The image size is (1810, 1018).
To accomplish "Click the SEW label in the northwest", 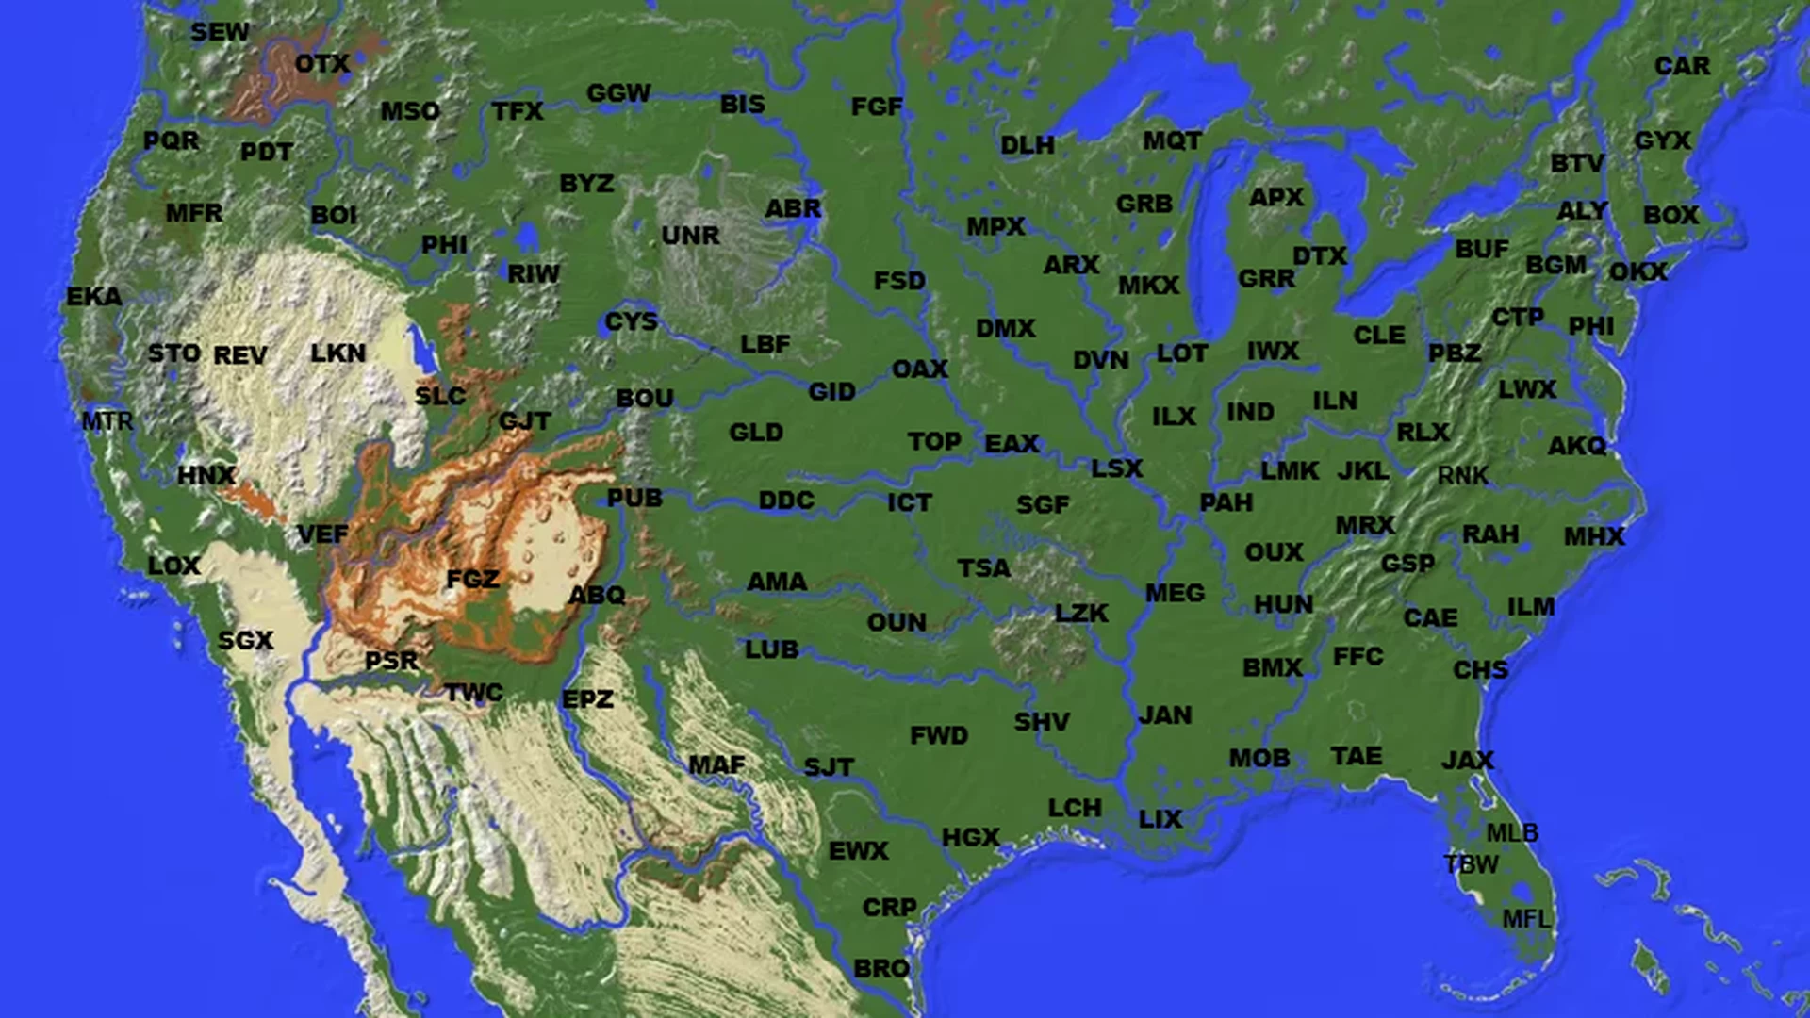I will tap(220, 32).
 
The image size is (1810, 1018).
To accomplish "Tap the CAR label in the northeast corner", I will tap(1682, 66).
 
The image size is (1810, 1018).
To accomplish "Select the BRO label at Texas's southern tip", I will tap(881, 968).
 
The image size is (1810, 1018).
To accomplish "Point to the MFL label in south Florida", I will tap(1526, 918).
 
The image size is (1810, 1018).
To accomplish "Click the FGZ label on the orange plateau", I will tap(472, 578).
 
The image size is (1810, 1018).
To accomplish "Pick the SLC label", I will tap(440, 396).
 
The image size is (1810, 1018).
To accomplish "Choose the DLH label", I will tap(1028, 145).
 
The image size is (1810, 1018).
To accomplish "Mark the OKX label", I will tap(1638, 271).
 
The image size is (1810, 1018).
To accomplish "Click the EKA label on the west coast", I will tap(93, 297).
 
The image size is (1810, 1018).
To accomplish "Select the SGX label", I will tap(245, 640).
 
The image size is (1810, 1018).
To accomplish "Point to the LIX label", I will tap(1160, 819).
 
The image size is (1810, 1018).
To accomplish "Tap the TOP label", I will tap(934, 441).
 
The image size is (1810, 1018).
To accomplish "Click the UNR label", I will tap(690, 235).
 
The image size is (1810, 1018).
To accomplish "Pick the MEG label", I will tap(1175, 593).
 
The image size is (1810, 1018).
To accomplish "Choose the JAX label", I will tap(1468, 760).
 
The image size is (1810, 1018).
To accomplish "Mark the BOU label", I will tap(645, 398).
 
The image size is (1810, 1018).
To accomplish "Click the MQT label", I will tap(1172, 140).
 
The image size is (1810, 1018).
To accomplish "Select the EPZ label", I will tap(587, 698).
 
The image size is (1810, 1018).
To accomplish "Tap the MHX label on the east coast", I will tap(1594, 536).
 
